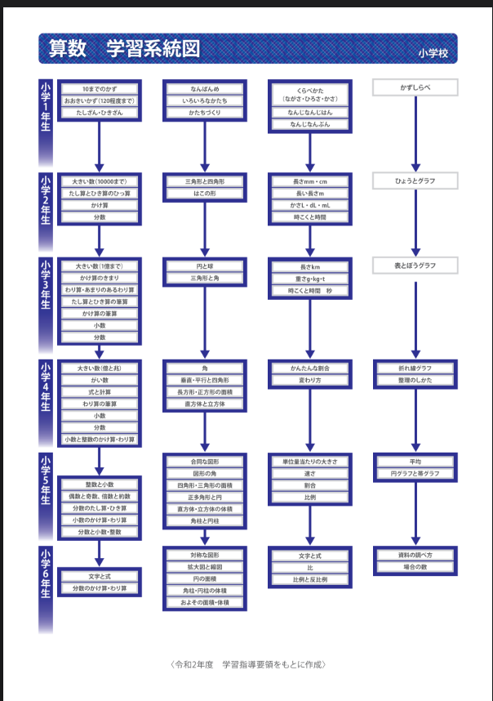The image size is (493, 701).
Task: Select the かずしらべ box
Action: tap(415, 87)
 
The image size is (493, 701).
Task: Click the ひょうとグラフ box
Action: tap(415, 181)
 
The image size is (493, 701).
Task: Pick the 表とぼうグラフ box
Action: tap(415, 266)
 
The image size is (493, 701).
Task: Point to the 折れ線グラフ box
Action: tap(415, 368)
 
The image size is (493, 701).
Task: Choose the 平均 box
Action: tap(415, 462)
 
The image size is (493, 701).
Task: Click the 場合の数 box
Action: tap(415, 566)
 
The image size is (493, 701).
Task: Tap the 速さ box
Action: tap(310, 473)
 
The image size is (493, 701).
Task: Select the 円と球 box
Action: tap(205, 266)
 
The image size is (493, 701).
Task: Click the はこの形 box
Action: tap(205, 193)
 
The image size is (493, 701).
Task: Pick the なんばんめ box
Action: tap(205, 88)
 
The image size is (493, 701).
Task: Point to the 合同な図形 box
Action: tap(205, 462)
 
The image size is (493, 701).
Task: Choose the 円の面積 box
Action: tap(205, 578)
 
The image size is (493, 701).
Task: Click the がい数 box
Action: tap(100, 380)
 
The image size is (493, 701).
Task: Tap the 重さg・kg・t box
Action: tap(310, 279)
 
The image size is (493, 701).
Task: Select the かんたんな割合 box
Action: tap(310, 368)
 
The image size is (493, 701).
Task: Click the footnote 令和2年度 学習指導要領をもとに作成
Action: tap(246, 664)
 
